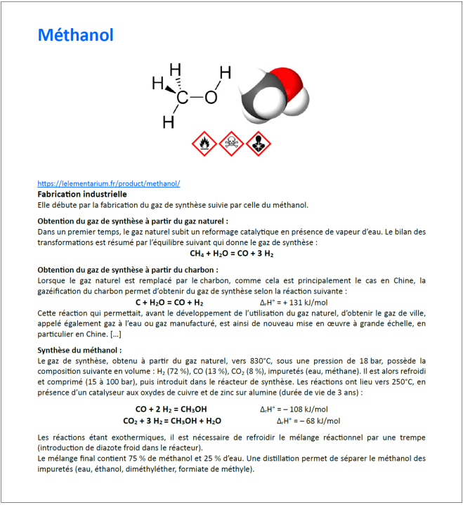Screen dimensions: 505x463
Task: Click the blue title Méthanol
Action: [75, 35]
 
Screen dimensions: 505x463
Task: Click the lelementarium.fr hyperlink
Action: [109, 183]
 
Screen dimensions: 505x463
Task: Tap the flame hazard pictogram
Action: [204, 143]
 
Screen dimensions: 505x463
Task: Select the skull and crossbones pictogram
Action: [230, 143]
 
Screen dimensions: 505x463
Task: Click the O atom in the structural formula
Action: [211, 97]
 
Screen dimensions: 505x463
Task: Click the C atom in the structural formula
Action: [182, 98]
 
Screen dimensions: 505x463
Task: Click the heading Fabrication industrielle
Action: [81, 193]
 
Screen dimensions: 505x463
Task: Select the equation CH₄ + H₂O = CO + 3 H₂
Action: [231, 253]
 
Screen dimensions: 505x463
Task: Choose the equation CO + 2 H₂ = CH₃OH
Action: [171, 409]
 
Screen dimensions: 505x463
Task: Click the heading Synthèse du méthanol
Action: [79, 349]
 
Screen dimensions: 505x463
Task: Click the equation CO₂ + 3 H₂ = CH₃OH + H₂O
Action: [172, 421]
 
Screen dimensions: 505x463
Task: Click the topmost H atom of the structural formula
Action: [176, 70]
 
